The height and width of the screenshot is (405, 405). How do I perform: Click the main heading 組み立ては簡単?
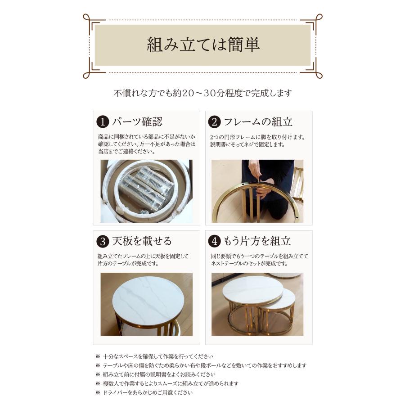coord(203,45)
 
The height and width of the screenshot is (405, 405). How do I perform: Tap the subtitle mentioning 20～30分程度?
coord(203,93)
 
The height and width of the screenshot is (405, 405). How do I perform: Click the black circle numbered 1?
coord(103,122)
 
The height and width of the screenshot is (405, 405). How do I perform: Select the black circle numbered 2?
coord(214,122)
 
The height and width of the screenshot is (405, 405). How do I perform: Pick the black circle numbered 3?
coord(103,242)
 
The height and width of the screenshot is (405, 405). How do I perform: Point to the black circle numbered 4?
coord(214,242)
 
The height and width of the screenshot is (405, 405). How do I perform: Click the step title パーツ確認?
coord(137,121)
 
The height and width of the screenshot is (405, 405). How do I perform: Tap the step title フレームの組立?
coord(258,121)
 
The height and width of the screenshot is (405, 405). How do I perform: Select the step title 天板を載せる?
coord(142,241)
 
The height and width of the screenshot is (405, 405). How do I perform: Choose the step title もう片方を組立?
coord(257,241)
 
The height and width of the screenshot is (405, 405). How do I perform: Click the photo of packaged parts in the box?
coord(146,191)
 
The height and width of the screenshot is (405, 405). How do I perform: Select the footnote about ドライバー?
coord(144,392)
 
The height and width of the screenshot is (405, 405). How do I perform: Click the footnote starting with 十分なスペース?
coord(154,356)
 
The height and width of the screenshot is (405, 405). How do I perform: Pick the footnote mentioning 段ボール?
coord(201,365)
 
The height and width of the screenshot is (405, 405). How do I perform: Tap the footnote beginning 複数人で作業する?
coord(167,383)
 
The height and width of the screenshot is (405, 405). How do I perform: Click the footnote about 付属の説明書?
coord(156,374)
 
